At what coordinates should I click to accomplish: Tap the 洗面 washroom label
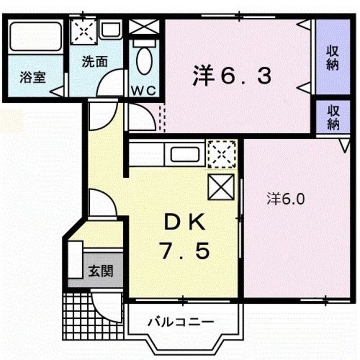coord(94,61)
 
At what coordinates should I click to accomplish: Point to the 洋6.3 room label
coord(232,76)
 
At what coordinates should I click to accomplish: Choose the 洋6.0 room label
coord(286,199)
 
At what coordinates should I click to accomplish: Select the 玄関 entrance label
coord(100,271)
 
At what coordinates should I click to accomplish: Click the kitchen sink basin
coord(186,154)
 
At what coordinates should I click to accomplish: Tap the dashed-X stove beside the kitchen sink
coord(221,154)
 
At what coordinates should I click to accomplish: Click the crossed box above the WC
coord(145,27)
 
